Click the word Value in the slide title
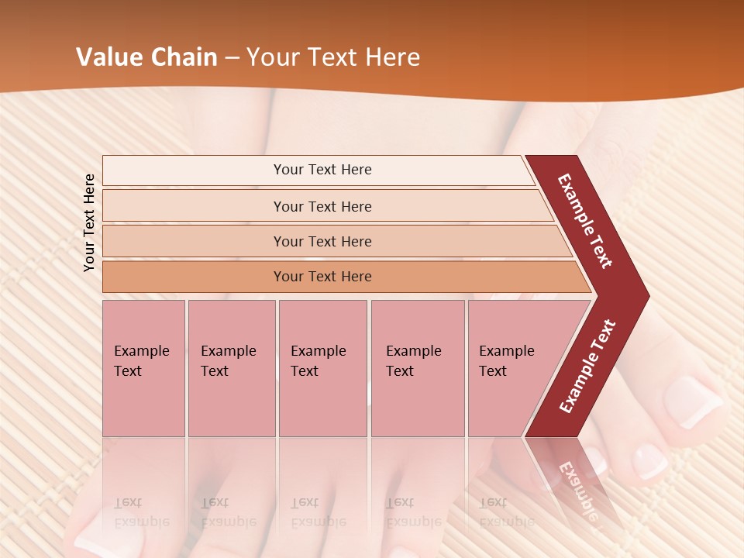(x=108, y=57)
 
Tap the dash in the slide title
(x=232, y=58)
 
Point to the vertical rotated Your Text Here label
(x=89, y=222)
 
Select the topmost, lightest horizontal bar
(x=322, y=170)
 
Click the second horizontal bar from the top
(x=322, y=206)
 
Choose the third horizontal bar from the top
(x=322, y=241)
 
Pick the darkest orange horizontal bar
(x=322, y=277)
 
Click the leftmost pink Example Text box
(x=143, y=368)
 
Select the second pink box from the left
(x=231, y=368)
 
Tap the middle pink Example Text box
(x=322, y=368)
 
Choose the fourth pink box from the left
(x=417, y=368)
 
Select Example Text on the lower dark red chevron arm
(x=587, y=367)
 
